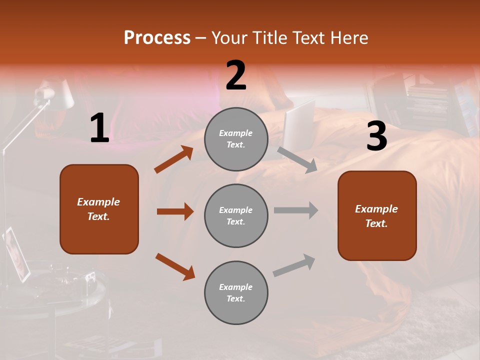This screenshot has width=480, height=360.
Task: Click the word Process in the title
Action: pyautogui.click(x=157, y=38)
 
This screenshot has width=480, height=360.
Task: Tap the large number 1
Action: pyautogui.click(x=99, y=128)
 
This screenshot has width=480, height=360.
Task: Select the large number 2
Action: pyautogui.click(x=236, y=75)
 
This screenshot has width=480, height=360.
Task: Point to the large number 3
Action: pyautogui.click(x=376, y=136)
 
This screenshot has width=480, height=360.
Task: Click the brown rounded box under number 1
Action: pyautogui.click(x=99, y=209)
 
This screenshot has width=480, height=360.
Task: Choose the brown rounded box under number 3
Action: pyautogui.click(x=377, y=216)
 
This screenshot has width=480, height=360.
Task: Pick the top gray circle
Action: pyautogui.click(x=236, y=139)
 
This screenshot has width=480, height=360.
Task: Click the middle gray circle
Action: pyautogui.click(x=236, y=216)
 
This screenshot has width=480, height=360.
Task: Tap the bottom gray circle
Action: pyautogui.click(x=236, y=293)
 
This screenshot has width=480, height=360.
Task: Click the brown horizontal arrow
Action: pyautogui.click(x=175, y=211)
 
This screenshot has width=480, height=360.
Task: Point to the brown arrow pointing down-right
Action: pyautogui.click(x=175, y=266)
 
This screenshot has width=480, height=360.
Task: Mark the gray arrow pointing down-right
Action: pyautogui.click(x=297, y=159)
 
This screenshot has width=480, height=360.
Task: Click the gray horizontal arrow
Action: pyautogui.click(x=296, y=210)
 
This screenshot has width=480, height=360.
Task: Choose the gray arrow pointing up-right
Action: pyautogui.click(x=294, y=265)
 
